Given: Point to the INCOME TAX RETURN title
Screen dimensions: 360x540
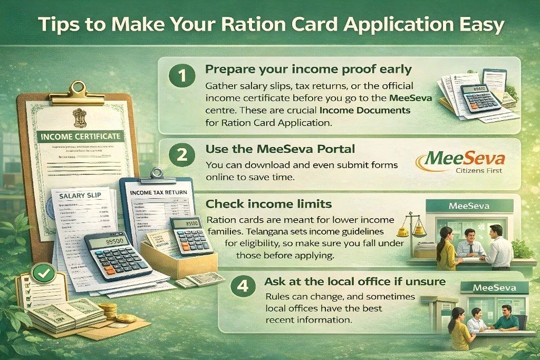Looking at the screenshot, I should (x=158, y=192).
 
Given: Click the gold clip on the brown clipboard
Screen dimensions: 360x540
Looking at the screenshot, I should (x=78, y=90).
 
